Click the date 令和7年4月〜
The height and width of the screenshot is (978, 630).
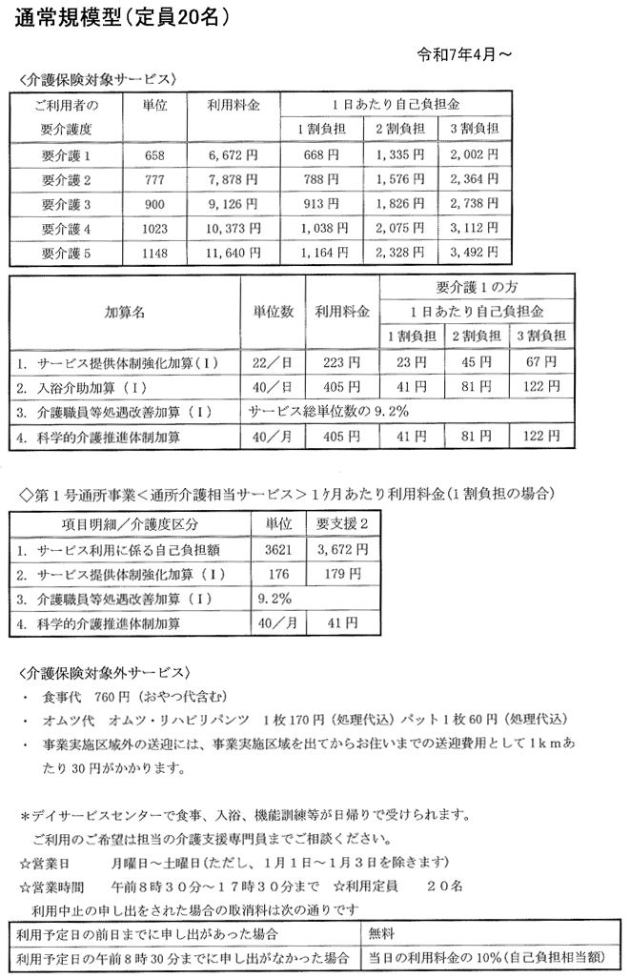(x=466, y=55)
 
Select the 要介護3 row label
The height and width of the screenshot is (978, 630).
(x=66, y=204)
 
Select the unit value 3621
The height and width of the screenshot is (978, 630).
(x=270, y=550)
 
